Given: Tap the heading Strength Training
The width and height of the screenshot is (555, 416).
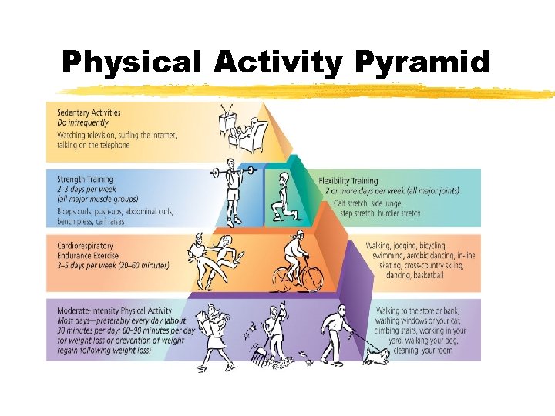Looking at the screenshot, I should pos(86,179).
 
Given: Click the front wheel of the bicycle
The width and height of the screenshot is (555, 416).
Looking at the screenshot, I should pos(310,278).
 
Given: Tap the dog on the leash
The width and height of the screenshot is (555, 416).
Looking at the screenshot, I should pos(378,352).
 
